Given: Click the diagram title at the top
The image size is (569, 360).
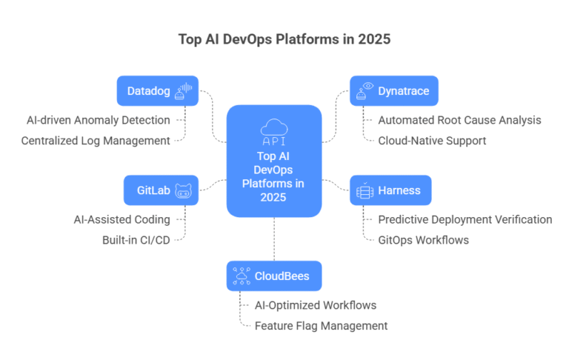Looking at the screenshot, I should coord(284,39).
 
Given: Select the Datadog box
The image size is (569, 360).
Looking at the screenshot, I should coord(157,91).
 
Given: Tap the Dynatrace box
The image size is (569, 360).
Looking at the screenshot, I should coord(393,91).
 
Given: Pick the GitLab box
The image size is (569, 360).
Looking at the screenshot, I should coord(161,190).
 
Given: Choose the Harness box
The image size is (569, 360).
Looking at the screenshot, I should coord(390,190).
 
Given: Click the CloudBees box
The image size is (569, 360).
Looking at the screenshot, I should coord(274,276).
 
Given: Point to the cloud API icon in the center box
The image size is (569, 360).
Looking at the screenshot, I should coord(274,131).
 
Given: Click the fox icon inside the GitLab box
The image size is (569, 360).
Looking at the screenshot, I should coord(183,190).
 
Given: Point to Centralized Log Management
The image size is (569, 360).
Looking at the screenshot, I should coord(96,140).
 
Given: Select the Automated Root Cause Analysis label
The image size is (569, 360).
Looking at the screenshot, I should coord(459,119).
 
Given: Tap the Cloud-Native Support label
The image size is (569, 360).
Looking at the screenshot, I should coord(432,140).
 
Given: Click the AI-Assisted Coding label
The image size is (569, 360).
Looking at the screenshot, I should coord(122,219).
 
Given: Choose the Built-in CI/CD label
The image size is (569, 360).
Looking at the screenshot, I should coord(136,240).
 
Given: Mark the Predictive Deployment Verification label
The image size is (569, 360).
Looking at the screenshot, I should coord(465,219).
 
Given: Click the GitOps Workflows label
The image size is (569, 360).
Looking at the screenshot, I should coord(423,240).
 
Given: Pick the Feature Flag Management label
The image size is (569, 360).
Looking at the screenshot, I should coord(321,325).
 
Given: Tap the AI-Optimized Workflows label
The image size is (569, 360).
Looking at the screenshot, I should coord(315,304).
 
